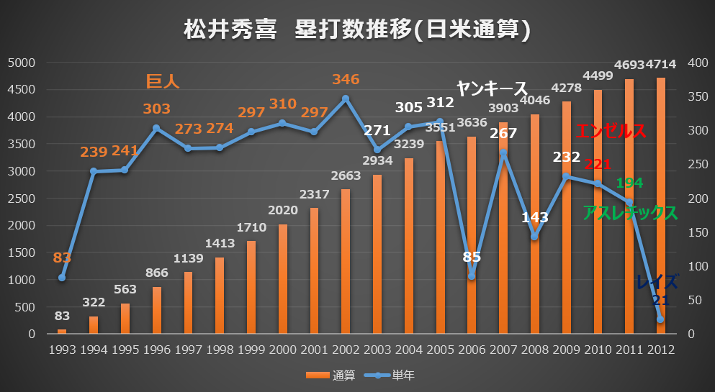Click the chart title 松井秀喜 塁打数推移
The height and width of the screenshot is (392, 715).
pyautogui.click(x=357, y=29)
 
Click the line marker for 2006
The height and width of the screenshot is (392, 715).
pyautogui.click(x=472, y=275)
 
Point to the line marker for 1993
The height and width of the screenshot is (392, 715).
pyautogui.click(x=62, y=278)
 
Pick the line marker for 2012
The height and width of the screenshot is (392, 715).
pyautogui.click(x=660, y=319)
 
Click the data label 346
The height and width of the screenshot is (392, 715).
pyautogui.click(x=346, y=79)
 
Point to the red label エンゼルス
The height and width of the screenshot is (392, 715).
pyautogui.click(x=611, y=132)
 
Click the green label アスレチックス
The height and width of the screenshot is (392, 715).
pyautogui.click(x=630, y=213)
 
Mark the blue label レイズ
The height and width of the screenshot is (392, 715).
pyautogui.click(x=657, y=282)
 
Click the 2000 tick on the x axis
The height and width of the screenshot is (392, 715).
pyautogui.click(x=282, y=350)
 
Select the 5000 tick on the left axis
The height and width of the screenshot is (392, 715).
pyautogui.click(x=21, y=63)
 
